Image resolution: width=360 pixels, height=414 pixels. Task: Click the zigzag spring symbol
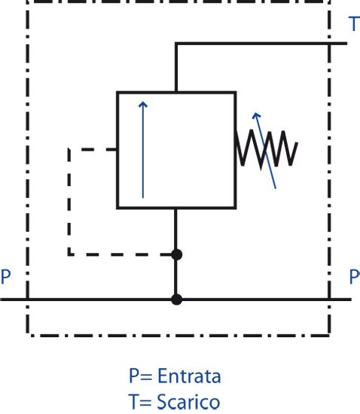coord(267,149)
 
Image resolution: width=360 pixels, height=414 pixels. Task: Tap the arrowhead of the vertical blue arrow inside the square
coord(143,105)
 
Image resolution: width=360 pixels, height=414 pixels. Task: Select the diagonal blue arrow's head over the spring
coord(257,115)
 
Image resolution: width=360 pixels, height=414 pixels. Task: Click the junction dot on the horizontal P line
coord(176,300)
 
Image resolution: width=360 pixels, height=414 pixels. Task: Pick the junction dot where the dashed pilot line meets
coord(176,254)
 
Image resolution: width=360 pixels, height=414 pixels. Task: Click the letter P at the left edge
coord(5,276)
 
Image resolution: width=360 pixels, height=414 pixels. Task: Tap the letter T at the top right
coord(355,24)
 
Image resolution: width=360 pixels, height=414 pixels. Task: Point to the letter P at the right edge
coord(355,276)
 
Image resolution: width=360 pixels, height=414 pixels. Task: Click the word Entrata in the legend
coord(189,376)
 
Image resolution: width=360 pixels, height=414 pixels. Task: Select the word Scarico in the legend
coord(188,401)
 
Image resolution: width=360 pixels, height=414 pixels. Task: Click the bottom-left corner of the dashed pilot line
coord(69,254)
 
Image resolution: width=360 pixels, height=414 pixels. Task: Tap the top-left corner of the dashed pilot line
coord(69,150)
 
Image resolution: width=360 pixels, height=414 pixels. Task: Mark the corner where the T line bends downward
coord(176,44)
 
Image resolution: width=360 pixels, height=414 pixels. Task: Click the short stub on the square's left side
coord(111,150)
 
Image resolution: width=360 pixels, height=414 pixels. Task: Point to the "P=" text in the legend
coord(140,376)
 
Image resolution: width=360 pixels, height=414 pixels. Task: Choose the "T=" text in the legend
coord(140,401)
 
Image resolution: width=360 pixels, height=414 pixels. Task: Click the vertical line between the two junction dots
coord(176,277)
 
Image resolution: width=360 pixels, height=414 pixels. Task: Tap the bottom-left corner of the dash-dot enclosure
coord(28,336)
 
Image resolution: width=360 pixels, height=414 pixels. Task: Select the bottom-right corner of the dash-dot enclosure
coord(329,336)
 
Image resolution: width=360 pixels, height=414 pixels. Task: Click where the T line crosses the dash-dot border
coord(329,44)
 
